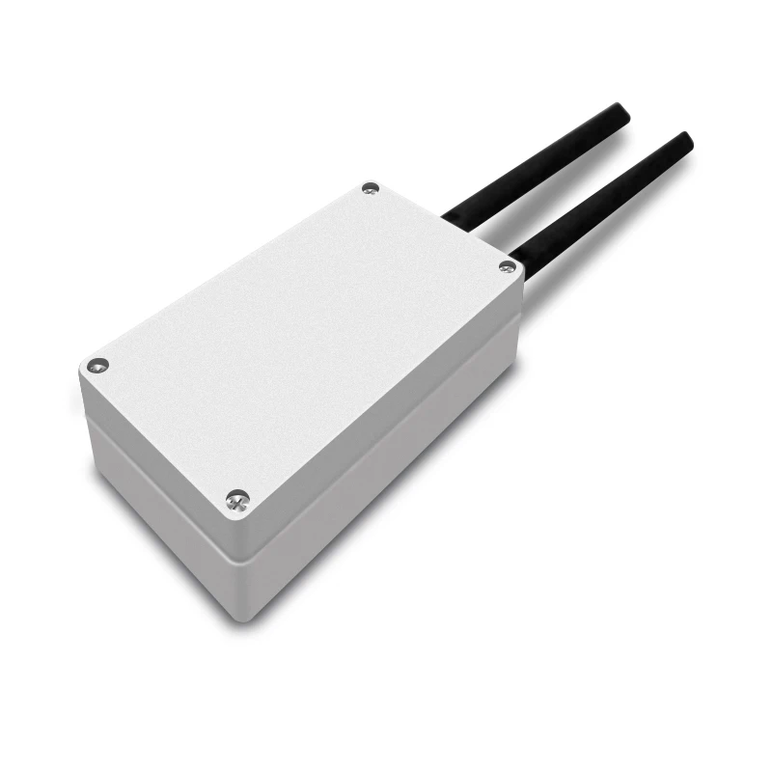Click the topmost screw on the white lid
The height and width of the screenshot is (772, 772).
(x=370, y=189)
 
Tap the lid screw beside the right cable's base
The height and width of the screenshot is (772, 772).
(x=507, y=265)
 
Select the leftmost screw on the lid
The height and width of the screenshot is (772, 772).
(x=97, y=366)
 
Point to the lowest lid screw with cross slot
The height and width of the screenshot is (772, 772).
(x=237, y=499)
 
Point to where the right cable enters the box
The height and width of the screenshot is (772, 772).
(x=517, y=259)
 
